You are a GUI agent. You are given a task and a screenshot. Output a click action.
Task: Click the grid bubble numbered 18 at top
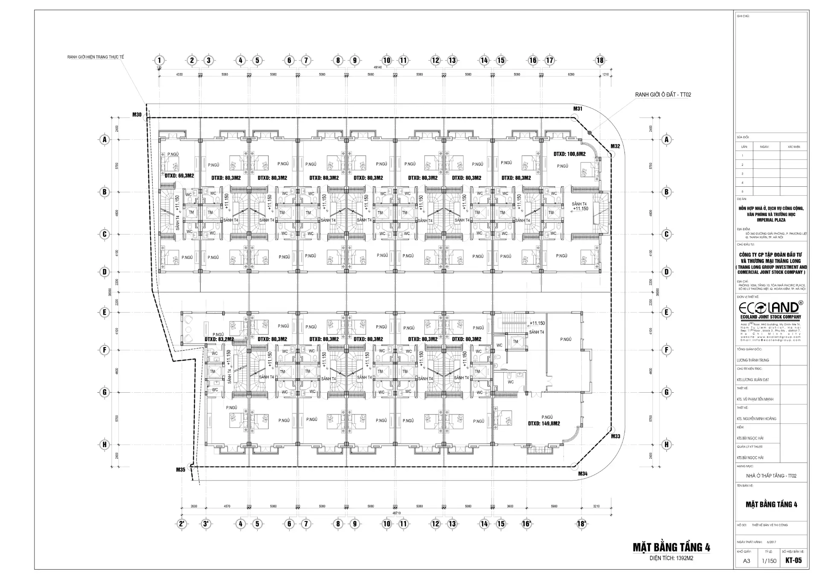pos(600,60)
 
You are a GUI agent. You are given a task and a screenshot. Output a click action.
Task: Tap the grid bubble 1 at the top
pos(159,60)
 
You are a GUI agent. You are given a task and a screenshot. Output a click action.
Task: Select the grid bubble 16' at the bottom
pos(527,524)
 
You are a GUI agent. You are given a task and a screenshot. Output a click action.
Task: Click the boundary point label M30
pos(137,115)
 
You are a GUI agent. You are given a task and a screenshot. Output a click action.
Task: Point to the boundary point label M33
pos(615,437)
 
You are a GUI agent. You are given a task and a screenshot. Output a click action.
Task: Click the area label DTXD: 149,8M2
pos(543,424)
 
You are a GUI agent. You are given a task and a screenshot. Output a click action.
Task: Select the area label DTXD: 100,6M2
pos(569,154)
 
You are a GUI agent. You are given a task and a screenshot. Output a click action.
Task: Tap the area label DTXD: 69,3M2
pos(179,176)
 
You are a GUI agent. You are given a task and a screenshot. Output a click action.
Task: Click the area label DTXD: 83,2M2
pos(219,339)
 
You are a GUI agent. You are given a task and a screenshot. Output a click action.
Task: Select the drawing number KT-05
pos(793,561)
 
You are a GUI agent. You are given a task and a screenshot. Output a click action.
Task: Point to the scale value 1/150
pos(769,561)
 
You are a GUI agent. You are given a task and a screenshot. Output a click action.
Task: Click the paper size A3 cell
pos(746,561)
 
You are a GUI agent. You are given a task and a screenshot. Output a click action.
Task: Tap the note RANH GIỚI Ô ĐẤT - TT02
pos(663,95)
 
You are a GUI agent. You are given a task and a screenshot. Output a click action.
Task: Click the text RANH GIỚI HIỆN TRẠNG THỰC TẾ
pos(96,57)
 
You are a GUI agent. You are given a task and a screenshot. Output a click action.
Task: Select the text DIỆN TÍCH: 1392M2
pos(671,558)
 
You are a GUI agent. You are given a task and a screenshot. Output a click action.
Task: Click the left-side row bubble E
pos(104,312)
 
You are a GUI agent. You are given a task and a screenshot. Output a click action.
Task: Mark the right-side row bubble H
pos(666,445)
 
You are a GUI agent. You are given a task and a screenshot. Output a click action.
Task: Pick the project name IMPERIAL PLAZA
pos(771,220)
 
